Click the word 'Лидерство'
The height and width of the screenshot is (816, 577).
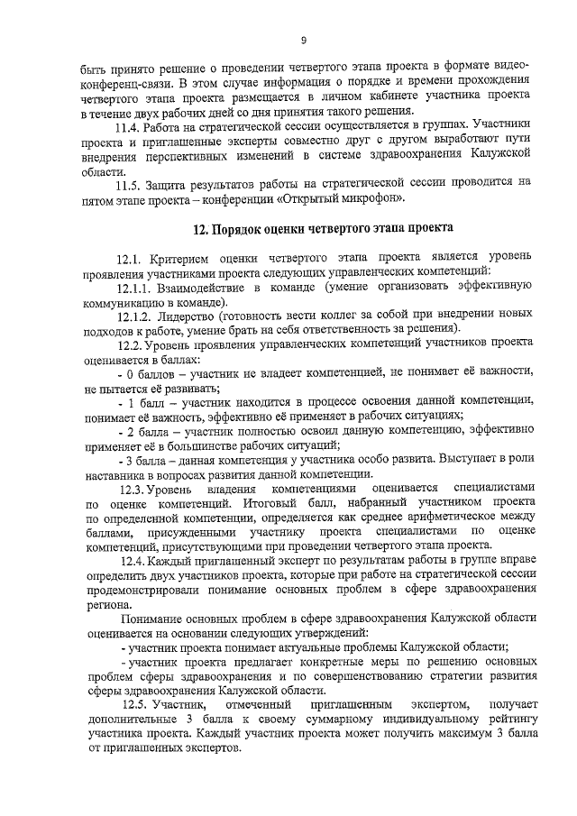(197, 317)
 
